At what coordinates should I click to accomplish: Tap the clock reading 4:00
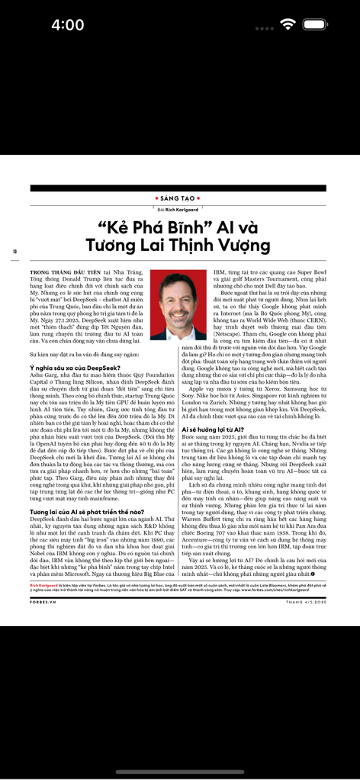[x=67, y=25]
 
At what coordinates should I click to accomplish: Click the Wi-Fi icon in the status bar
[x=288, y=24]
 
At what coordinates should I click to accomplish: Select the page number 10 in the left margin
[x=14, y=251]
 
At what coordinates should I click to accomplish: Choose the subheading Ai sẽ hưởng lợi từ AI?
[x=217, y=430]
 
